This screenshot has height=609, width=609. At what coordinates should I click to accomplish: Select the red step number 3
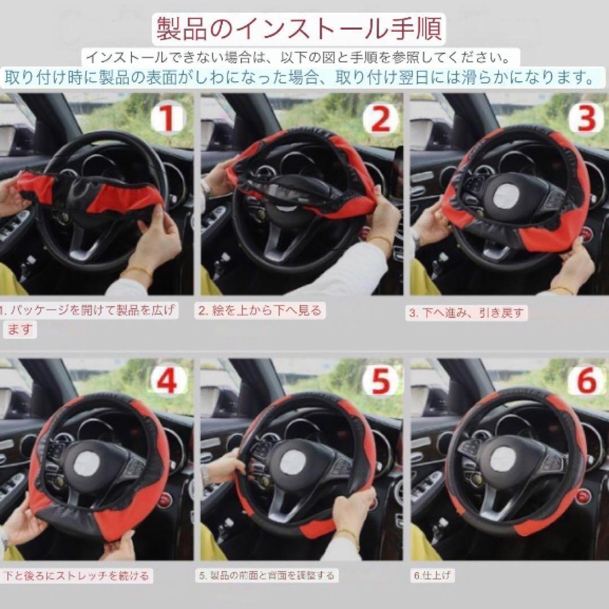point(586,118)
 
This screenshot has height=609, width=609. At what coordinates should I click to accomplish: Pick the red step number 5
point(380,382)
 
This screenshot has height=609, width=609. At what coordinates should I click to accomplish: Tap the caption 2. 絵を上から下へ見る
point(260,311)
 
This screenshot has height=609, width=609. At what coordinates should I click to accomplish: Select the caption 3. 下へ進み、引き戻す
point(466,312)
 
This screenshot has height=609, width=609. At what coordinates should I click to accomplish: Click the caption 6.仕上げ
point(432,575)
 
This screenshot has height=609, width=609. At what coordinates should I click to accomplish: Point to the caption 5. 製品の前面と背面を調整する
point(266,575)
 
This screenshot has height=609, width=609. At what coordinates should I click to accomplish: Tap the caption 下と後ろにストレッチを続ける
point(76,576)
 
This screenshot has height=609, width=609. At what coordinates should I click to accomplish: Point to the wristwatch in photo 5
point(205,475)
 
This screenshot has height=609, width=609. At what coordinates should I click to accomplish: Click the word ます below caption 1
point(19,329)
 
